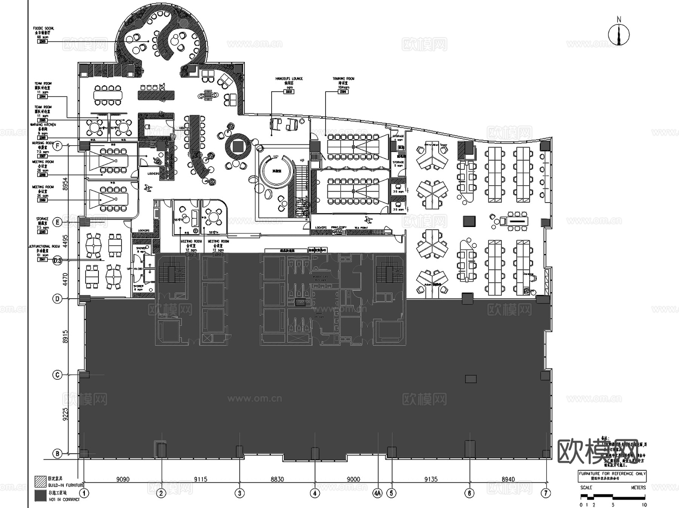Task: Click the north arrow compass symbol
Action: pyautogui.click(x=619, y=34)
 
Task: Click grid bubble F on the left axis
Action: pyautogui.click(x=57, y=146)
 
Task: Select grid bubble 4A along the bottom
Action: pyautogui.click(x=378, y=493)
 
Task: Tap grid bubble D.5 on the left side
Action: pyautogui.click(x=57, y=260)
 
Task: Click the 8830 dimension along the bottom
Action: pyautogui.click(x=277, y=479)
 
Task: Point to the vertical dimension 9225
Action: pyautogui.click(x=65, y=414)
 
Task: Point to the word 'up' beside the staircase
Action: pyautogui.click(x=302, y=160)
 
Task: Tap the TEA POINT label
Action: pyautogui.click(x=361, y=228)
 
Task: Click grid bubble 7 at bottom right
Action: pyautogui.click(x=546, y=493)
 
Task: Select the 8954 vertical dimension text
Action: pyautogui.click(x=65, y=184)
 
